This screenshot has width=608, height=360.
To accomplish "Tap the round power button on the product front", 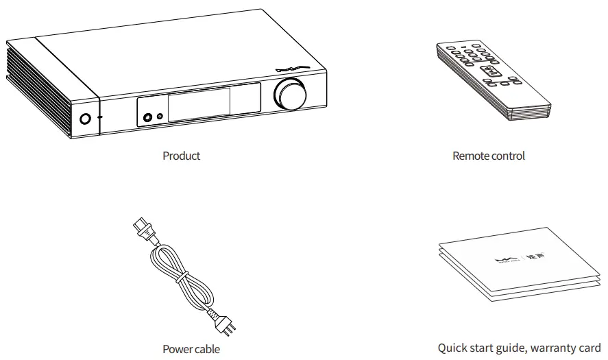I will pyautogui.click(x=84, y=118).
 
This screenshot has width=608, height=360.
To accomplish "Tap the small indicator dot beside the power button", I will pyautogui.click(x=101, y=117).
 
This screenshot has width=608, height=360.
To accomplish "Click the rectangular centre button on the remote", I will pyautogui.click(x=489, y=71).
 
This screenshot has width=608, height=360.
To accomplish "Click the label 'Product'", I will pyautogui.click(x=181, y=156).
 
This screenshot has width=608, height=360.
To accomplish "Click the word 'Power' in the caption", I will pyautogui.click(x=175, y=349).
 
